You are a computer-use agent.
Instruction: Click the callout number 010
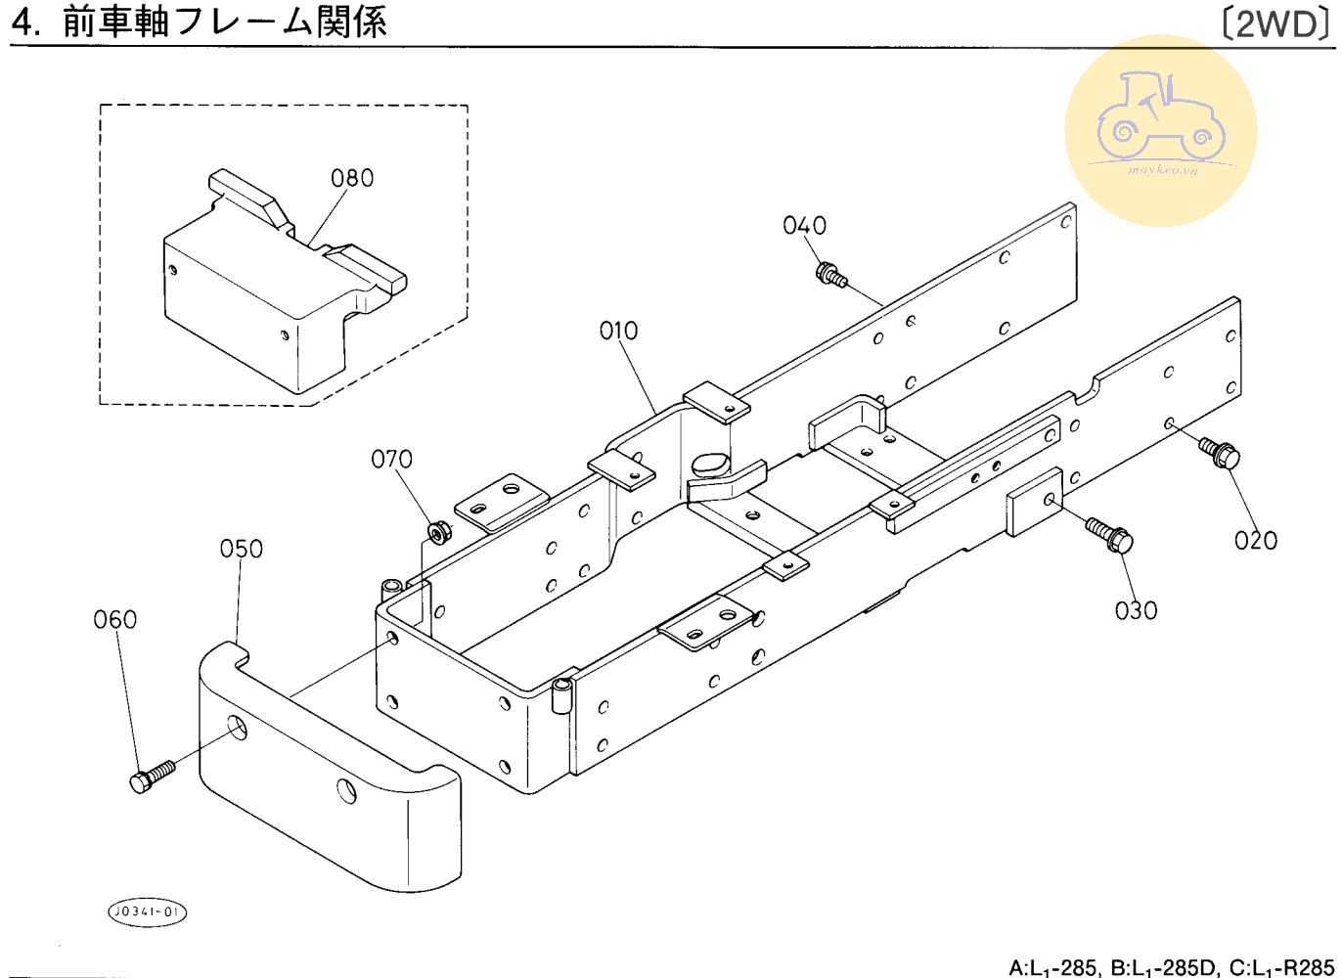618,331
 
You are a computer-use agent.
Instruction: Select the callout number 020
1255,541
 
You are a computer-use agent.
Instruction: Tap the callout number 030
1136,611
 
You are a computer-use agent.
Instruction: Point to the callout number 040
805,226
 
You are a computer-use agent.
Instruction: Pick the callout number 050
241,549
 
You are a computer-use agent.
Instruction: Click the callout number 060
115,619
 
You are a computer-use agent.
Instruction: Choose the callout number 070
392,460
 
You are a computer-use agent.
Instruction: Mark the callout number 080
352,178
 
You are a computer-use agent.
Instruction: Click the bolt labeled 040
832,276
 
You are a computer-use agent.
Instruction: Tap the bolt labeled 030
1109,535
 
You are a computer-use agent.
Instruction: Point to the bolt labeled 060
153,777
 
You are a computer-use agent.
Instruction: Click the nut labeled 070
436,532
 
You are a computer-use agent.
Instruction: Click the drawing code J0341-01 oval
147,912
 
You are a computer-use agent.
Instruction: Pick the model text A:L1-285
1052,968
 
